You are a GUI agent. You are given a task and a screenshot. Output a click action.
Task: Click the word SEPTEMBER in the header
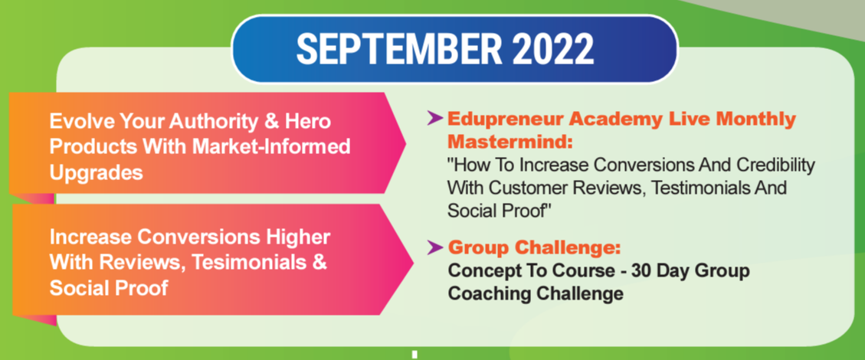pyautogui.click(x=399, y=49)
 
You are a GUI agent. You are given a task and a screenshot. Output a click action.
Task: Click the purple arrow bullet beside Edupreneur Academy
pyautogui.click(x=434, y=118)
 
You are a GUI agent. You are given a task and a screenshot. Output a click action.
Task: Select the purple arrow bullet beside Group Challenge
pyautogui.click(x=434, y=248)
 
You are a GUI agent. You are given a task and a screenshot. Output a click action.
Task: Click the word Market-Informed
pyautogui.click(x=273, y=147)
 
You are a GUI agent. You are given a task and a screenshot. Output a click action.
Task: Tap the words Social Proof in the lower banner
pyautogui.click(x=109, y=289)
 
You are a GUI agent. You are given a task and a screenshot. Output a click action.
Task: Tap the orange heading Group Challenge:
pyautogui.click(x=535, y=248)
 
